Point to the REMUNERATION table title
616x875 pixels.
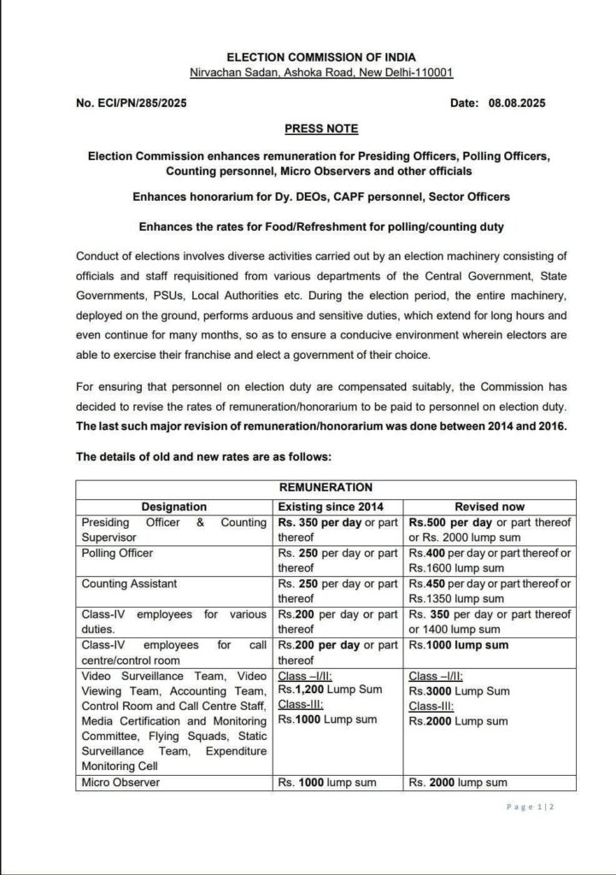click(x=314, y=488)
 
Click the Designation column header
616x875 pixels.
click(x=174, y=507)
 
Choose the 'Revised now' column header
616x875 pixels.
click(x=490, y=507)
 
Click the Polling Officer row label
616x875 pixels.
click(x=118, y=553)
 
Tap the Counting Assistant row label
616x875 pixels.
click(x=124, y=584)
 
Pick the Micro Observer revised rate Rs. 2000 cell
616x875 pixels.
click(x=457, y=782)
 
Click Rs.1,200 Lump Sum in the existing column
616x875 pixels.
click(x=330, y=689)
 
